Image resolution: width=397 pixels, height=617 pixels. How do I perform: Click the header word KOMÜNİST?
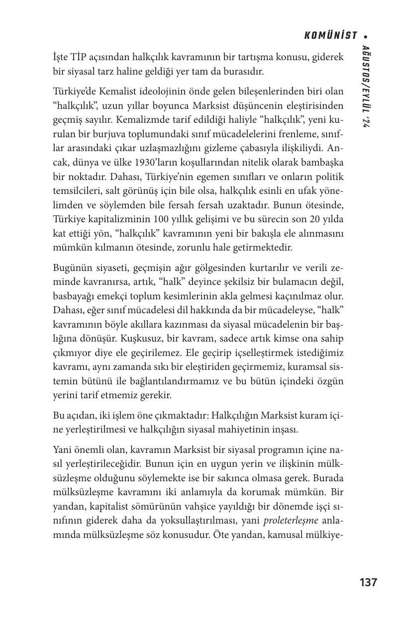[x=331, y=36]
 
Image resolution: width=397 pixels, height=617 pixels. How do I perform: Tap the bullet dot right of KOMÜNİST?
[x=366, y=36]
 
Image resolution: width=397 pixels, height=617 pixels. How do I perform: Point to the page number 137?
[x=368, y=582]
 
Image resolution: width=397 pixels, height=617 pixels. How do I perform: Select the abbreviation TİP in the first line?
[x=79, y=58]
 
